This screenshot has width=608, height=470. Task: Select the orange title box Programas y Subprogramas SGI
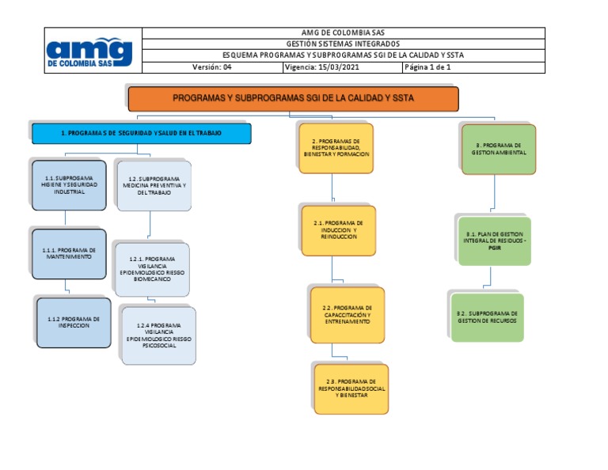(x=293, y=99)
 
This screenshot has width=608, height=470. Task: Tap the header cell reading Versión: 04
(x=211, y=67)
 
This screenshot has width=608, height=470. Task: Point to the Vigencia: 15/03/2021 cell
(x=341, y=67)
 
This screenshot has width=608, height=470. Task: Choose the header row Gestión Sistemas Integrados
(x=343, y=44)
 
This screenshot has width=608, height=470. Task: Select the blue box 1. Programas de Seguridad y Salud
(x=141, y=134)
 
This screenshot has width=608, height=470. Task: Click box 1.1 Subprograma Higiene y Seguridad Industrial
(x=70, y=185)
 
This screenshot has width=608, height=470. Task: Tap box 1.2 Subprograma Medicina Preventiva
(x=154, y=186)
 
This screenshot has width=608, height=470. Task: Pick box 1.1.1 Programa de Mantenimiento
(x=69, y=253)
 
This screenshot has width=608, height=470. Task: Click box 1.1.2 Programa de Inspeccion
(x=73, y=320)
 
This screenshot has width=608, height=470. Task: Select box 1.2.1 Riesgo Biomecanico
(x=150, y=269)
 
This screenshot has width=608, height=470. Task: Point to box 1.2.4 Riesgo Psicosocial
(x=158, y=335)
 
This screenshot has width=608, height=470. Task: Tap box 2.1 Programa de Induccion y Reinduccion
(x=338, y=230)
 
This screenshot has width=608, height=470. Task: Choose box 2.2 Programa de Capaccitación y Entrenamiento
(x=347, y=314)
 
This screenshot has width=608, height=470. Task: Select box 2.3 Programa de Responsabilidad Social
(x=351, y=389)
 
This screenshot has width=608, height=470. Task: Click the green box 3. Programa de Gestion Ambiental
(x=498, y=149)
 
